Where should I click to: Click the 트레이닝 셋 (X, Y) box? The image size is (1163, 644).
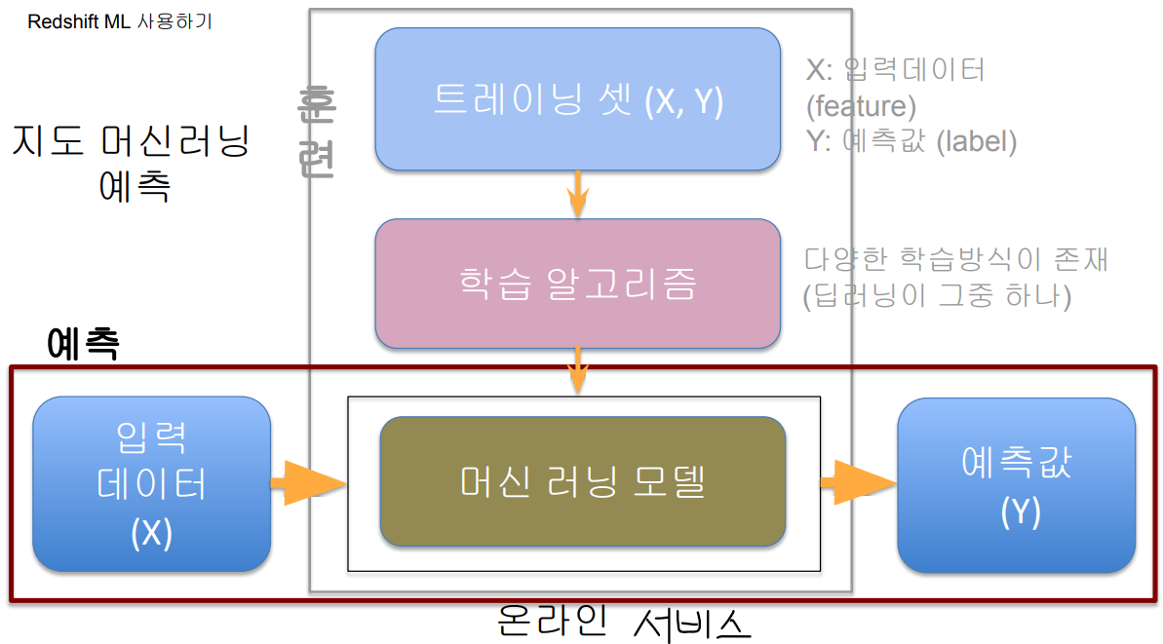point(577,99)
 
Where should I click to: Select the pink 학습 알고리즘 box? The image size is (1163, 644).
point(577,284)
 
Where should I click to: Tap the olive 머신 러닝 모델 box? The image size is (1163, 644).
point(582,481)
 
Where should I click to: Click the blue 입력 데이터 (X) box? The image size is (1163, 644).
point(152,484)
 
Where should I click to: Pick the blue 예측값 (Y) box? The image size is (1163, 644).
point(1016,485)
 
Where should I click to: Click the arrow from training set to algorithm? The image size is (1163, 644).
point(578,195)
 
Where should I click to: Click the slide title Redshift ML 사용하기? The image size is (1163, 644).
point(119,21)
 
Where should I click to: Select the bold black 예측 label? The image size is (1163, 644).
point(83,343)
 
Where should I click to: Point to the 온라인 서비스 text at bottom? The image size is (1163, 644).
point(624,621)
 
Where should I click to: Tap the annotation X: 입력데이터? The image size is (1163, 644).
point(895,69)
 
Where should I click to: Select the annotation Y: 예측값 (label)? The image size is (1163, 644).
point(911,141)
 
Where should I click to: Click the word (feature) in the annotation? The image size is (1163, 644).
point(861,105)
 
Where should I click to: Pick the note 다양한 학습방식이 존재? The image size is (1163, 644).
point(956,260)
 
